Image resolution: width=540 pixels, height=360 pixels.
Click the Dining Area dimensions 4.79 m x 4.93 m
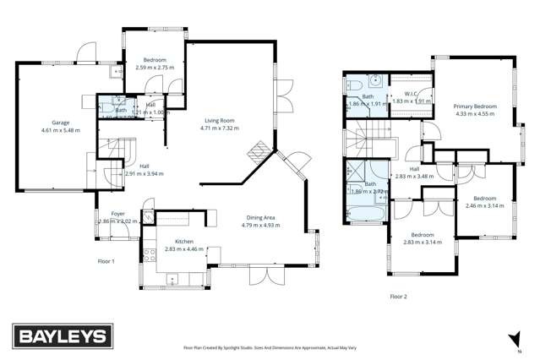tap(261, 225)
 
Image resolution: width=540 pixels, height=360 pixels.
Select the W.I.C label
tap(412, 94)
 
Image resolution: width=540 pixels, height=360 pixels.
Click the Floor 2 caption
tap(398, 297)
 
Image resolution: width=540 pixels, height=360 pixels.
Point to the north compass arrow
tap(516, 337)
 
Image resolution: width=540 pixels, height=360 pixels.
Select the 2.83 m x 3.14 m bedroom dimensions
tap(423, 241)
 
